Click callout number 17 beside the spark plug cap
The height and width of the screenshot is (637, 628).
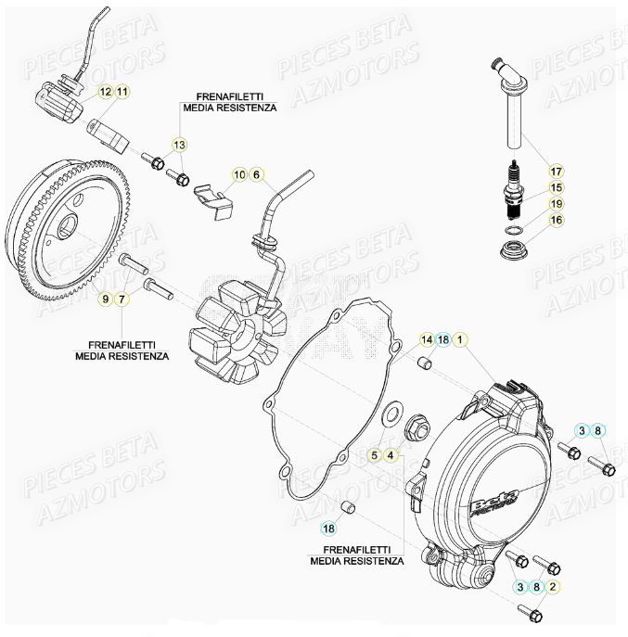tap(556, 172)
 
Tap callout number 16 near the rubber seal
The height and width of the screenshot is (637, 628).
tap(556, 220)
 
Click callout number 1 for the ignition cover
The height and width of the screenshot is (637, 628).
tap(461, 340)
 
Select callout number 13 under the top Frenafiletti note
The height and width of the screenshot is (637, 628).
tap(179, 145)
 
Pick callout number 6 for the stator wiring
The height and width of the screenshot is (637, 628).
tap(256, 174)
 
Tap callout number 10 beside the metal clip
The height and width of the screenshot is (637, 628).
tap(238, 174)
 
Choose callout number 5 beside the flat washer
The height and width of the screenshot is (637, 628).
tap(375, 454)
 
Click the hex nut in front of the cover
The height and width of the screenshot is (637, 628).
tap(416, 428)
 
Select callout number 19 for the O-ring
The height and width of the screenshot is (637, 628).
tap(556, 204)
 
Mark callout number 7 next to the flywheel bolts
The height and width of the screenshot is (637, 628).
tap(122, 298)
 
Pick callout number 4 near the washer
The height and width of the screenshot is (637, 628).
tap(392, 454)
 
